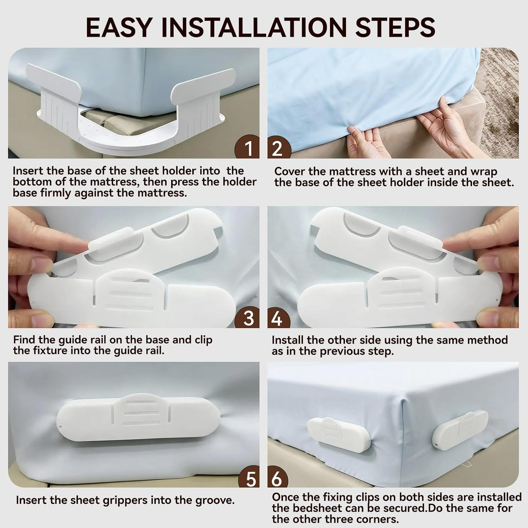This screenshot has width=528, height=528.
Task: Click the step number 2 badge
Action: pyautogui.click(x=279, y=147)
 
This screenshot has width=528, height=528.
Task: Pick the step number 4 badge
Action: pyautogui.click(x=279, y=317)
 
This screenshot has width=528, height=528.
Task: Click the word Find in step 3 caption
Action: pyautogui.click(x=24, y=340)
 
